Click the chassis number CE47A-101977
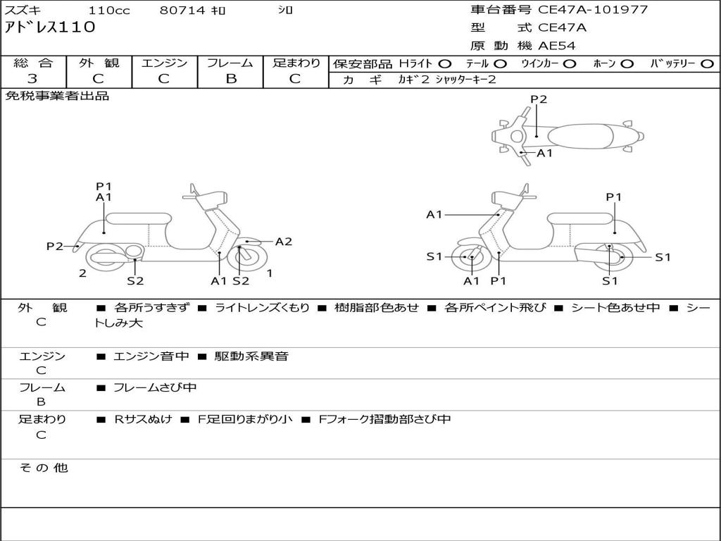(x=593, y=10)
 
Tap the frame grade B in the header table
(x=231, y=79)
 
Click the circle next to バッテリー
(x=708, y=64)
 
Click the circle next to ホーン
(x=627, y=64)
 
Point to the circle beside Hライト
(x=445, y=64)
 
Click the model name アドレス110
(x=50, y=27)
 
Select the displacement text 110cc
(x=109, y=10)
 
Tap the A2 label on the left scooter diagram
(x=284, y=242)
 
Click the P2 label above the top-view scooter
(x=539, y=99)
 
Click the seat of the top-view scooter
(x=580, y=136)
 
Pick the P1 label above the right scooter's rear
(x=614, y=197)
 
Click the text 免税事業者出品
(x=57, y=96)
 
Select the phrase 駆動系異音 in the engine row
(x=251, y=356)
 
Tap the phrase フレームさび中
(x=155, y=388)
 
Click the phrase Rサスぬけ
(x=143, y=419)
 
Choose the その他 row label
(x=44, y=468)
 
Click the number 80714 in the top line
(x=182, y=10)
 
